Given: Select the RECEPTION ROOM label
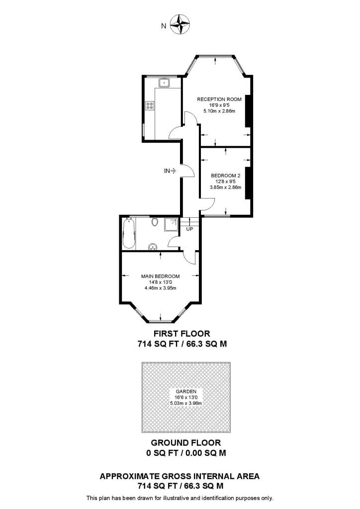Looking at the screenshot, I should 219,99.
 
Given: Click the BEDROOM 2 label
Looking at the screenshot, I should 226,175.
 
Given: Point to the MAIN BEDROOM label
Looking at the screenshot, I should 160,276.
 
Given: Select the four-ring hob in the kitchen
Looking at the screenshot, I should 149,106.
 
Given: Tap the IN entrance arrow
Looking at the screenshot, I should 170,171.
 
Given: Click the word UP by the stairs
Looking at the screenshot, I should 189,229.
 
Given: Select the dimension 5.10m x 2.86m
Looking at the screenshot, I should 219,111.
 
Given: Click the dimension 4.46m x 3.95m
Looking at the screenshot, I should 160,288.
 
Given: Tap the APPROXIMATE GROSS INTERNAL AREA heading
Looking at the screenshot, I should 180,476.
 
